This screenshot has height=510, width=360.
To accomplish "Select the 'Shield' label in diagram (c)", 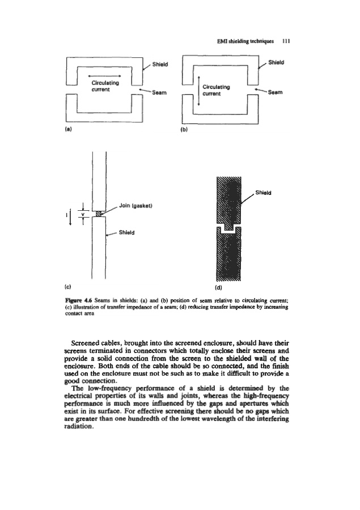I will click(x=127, y=232).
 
